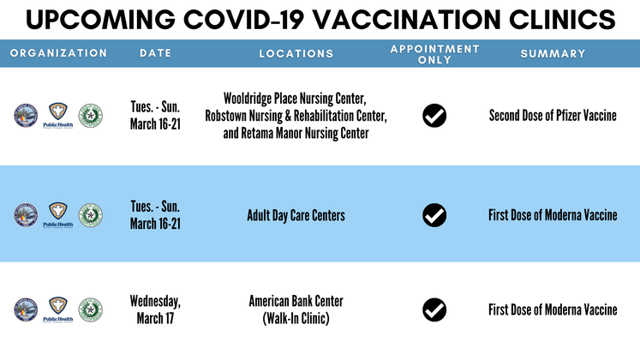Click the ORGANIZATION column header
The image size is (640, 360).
click(58, 53)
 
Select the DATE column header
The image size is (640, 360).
click(155, 53)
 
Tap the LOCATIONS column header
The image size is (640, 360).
click(296, 53)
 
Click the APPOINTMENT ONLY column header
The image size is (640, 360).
click(434, 53)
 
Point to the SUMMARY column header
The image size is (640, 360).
click(553, 53)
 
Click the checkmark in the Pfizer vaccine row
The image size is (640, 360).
click(434, 115)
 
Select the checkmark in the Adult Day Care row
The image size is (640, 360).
click(434, 214)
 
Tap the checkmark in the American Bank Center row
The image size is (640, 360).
click(434, 309)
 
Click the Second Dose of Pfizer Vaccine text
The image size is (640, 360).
click(553, 115)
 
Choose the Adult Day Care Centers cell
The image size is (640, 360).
click(296, 215)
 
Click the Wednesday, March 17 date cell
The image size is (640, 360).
click(155, 309)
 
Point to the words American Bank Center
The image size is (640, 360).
click(296, 301)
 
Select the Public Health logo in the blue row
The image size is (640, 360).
click(58, 216)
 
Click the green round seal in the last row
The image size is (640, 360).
click(90, 309)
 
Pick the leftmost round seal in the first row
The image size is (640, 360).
click(26, 116)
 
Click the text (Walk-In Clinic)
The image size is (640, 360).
click(296, 318)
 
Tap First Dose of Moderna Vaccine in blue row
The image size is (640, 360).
click(553, 215)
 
